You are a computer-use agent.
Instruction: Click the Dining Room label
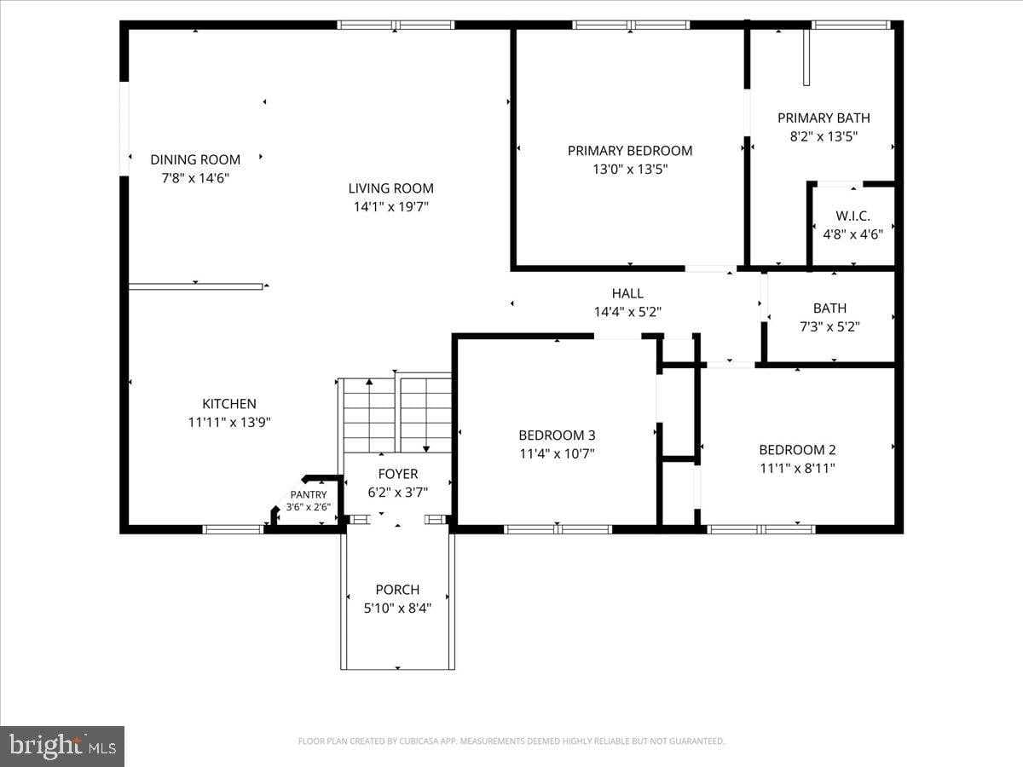pyautogui.click(x=195, y=159)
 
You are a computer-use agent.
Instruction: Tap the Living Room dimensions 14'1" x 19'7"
pyautogui.click(x=390, y=206)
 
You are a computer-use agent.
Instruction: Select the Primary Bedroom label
pyautogui.click(x=630, y=151)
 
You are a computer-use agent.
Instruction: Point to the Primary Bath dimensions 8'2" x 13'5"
pyautogui.click(x=824, y=136)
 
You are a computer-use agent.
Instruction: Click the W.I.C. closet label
pyautogui.click(x=852, y=216)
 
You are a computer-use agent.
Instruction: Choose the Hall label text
pyautogui.click(x=627, y=294)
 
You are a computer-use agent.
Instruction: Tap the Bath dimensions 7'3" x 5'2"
pyautogui.click(x=829, y=326)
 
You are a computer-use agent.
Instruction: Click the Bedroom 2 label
pyautogui.click(x=797, y=450)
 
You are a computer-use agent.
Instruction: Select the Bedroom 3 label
pyautogui.click(x=557, y=435)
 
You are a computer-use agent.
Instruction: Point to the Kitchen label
pyautogui.click(x=228, y=404)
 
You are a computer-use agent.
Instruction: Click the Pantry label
pyautogui.click(x=308, y=494)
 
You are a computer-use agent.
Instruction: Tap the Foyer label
pyautogui.click(x=397, y=474)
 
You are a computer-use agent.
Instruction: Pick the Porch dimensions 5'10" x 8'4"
pyautogui.click(x=397, y=608)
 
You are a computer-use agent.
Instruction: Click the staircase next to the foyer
pyautogui.click(x=396, y=415)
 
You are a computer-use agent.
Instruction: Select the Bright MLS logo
pyautogui.click(x=62, y=746)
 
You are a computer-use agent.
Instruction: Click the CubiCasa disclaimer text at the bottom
pyautogui.click(x=511, y=741)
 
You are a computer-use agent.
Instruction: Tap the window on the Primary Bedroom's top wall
pyautogui.click(x=631, y=25)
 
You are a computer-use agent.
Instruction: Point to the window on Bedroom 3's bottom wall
pyautogui.click(x=558, y=529)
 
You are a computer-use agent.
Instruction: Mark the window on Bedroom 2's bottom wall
pyautogui.click(x=762, y=529)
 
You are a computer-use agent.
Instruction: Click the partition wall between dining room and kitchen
pyautogui.click(x=195, y=286)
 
